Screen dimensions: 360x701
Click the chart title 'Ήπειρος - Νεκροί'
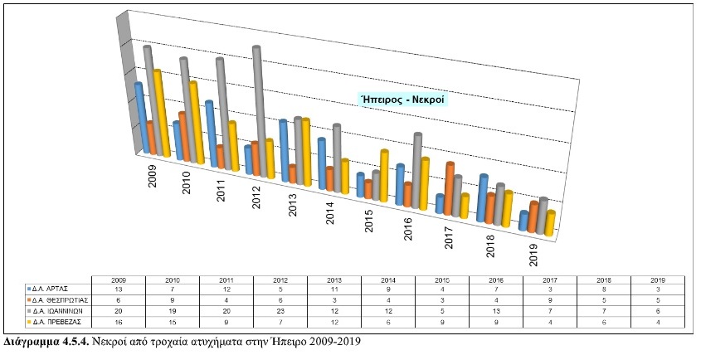point(402,99)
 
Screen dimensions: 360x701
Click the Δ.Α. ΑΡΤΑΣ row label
point(56,288)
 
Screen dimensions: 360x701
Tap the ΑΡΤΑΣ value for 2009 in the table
point(118,288)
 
